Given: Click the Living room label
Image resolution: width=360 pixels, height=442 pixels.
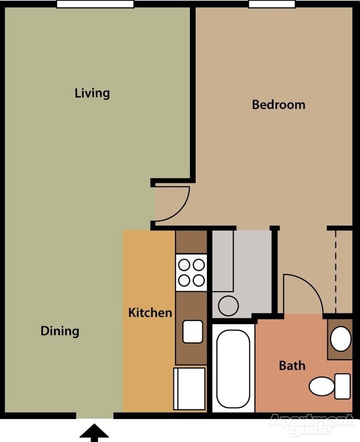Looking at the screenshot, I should (92, 93).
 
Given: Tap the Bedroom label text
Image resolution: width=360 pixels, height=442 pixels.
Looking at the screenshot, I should (278, 104).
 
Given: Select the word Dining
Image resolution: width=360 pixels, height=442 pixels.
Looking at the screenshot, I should (60, 331).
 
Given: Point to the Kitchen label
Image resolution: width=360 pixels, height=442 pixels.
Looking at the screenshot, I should (150, 313).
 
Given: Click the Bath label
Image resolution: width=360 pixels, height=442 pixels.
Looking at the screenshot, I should (292, 365).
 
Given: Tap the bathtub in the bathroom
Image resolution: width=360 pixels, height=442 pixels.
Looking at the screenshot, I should (233, 368).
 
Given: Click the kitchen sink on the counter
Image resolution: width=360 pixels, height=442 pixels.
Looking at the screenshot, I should (192, 331).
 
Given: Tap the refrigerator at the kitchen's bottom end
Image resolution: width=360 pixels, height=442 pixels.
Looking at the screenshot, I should (190, 388).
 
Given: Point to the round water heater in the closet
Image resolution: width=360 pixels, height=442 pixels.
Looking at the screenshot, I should (228, 305).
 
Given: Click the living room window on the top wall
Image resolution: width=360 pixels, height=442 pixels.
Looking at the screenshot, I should (95, 4).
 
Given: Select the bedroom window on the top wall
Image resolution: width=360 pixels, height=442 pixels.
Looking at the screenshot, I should (271, 4).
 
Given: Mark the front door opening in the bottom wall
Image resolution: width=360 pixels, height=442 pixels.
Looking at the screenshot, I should (94, 416).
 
